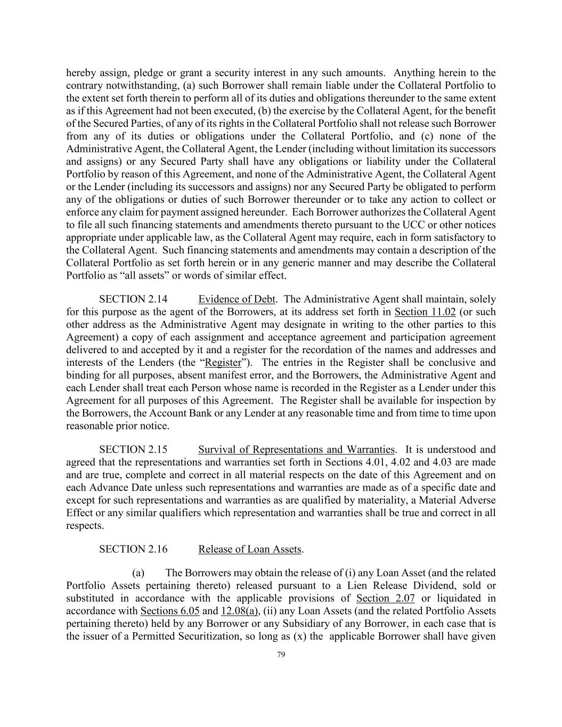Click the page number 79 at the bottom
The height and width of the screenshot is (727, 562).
point(281,656)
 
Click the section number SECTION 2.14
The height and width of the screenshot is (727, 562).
point(129,299)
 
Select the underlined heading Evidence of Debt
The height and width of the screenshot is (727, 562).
point(237,299)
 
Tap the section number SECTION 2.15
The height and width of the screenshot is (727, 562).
point(129,450)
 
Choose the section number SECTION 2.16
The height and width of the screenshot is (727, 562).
point(129,549)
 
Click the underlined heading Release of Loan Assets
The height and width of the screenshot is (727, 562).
point(250,549)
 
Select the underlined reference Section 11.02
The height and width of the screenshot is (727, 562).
point(425,312)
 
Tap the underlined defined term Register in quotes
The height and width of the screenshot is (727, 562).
point(223,363)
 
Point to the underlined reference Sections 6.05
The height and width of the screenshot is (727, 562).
point(169,611)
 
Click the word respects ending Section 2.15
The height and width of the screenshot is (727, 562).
point(85,526)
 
